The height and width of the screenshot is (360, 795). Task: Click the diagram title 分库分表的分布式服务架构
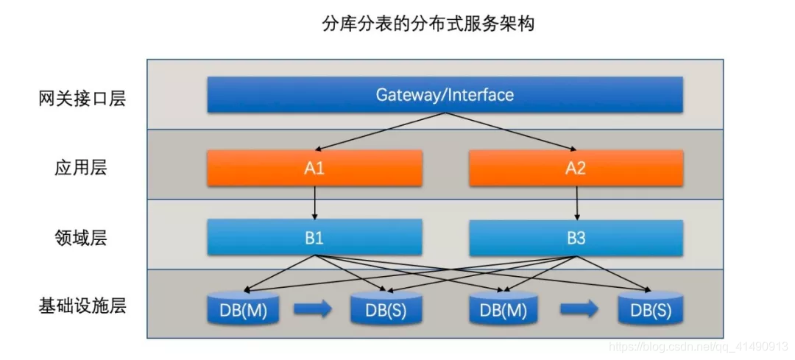(428, 24)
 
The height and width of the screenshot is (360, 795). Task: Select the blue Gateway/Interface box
(445, 95)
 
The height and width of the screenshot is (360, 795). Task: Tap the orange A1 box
(314, 169)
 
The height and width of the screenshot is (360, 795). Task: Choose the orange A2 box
(576, 169)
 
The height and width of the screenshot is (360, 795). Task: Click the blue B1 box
(314, 238)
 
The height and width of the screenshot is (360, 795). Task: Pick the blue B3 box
(576, 238)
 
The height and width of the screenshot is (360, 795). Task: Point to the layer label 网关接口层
(82, 99)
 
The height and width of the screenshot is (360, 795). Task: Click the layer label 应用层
(81, 168)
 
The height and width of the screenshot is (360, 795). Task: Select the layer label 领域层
(81, 238)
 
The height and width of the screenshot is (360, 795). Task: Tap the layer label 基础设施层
(82, 306)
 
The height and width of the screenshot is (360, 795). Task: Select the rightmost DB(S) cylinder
(651, 308)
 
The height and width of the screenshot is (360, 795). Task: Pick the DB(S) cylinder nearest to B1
(386, 308)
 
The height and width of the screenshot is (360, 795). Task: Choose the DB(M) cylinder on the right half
(504, 308)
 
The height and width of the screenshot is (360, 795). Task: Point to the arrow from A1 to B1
(315, 202)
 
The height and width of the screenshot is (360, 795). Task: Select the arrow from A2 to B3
(576, 202)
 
